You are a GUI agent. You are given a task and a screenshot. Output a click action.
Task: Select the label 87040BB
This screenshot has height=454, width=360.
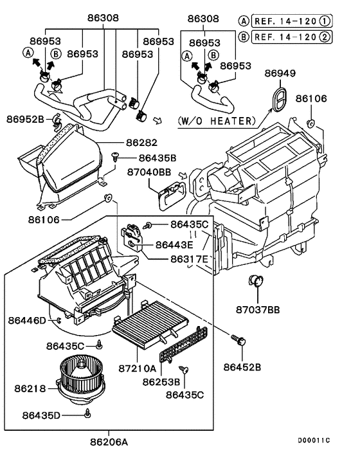[x=148, y=172]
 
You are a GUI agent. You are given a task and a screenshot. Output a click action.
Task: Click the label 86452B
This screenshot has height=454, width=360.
[x=242, y=367]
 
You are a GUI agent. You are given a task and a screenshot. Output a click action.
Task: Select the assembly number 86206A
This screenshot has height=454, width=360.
[x=109, y=442]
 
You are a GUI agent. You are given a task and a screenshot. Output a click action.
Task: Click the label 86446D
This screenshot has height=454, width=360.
[x=28, y=320]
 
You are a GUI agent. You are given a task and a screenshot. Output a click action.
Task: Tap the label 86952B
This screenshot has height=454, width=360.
[x=26, y=118]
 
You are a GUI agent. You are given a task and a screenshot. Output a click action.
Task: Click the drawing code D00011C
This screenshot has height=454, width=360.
[x=313, y=440]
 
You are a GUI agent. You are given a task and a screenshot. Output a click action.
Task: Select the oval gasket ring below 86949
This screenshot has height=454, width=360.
[x=278, y=100]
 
